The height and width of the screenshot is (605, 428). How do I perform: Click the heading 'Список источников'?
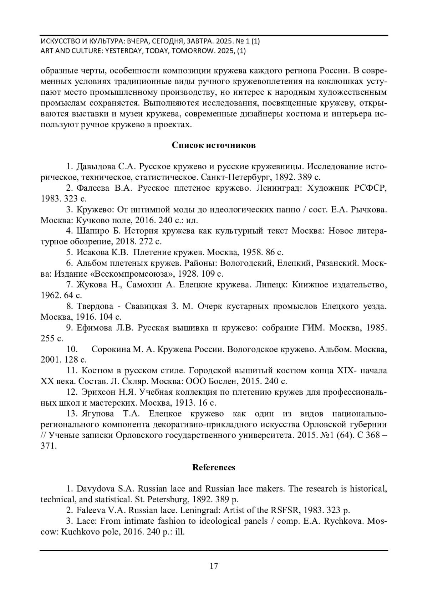pos(214,145)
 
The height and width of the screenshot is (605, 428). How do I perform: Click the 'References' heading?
pos(214,467)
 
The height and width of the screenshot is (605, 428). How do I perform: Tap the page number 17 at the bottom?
pos(214,566)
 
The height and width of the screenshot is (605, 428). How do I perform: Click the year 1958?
pos(252,252)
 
